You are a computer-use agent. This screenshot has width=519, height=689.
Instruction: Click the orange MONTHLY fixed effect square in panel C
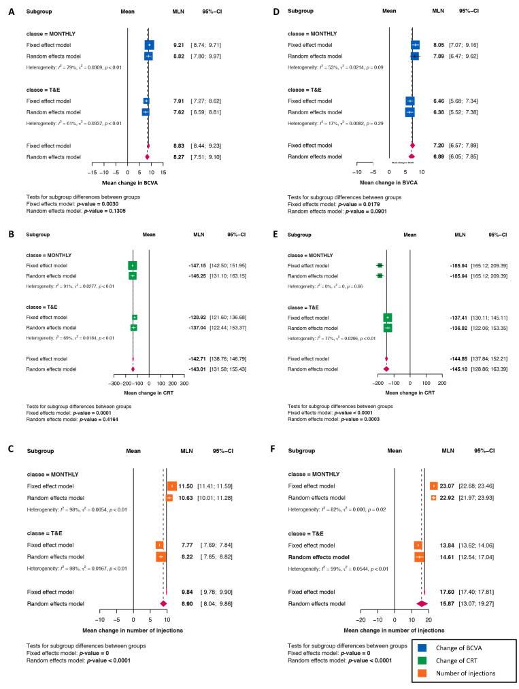171,486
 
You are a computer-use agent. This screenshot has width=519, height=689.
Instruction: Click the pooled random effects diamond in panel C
163,603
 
